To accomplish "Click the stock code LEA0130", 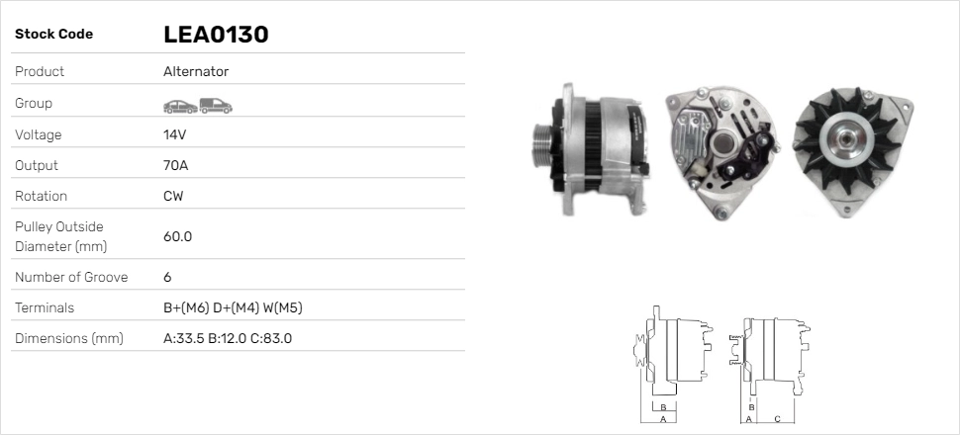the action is (216, 35).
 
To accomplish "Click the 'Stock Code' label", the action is (53, 35).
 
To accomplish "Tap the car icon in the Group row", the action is (180, 107).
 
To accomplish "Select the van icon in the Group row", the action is (216, 106).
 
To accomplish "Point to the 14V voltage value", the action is (174, 134).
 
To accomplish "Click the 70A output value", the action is (176, 165).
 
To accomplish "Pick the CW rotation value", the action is (173, 196).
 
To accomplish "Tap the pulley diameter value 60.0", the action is (177, 236).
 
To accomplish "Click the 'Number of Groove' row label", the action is (71, 277).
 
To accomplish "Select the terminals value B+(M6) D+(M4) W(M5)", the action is (233, 307).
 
